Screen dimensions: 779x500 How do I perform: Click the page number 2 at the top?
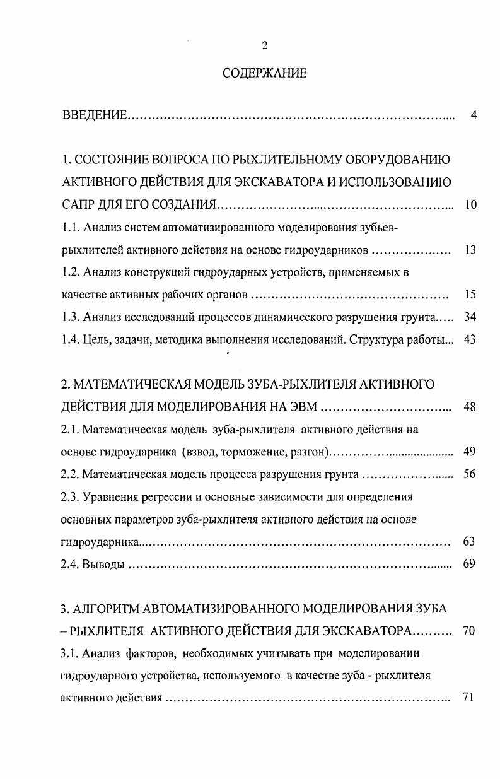pos(265,45)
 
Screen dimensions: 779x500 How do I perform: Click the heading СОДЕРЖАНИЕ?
pos(265,74)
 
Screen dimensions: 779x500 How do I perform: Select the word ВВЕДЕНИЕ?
pos(95,115)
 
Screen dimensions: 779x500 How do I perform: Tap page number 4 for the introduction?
pos(473,115)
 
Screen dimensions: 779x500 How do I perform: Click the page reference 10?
pos(470,204)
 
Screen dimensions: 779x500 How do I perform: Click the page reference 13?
pos(470,250)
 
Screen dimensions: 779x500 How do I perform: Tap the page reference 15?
pos(470,295)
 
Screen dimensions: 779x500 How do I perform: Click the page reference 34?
pos(470,317)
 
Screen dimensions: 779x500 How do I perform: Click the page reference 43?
pos(470,339)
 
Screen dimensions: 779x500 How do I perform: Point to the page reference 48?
pos(470,407)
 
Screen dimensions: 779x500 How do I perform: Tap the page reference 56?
pos(470,474)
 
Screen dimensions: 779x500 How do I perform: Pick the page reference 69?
pos(470,564)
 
